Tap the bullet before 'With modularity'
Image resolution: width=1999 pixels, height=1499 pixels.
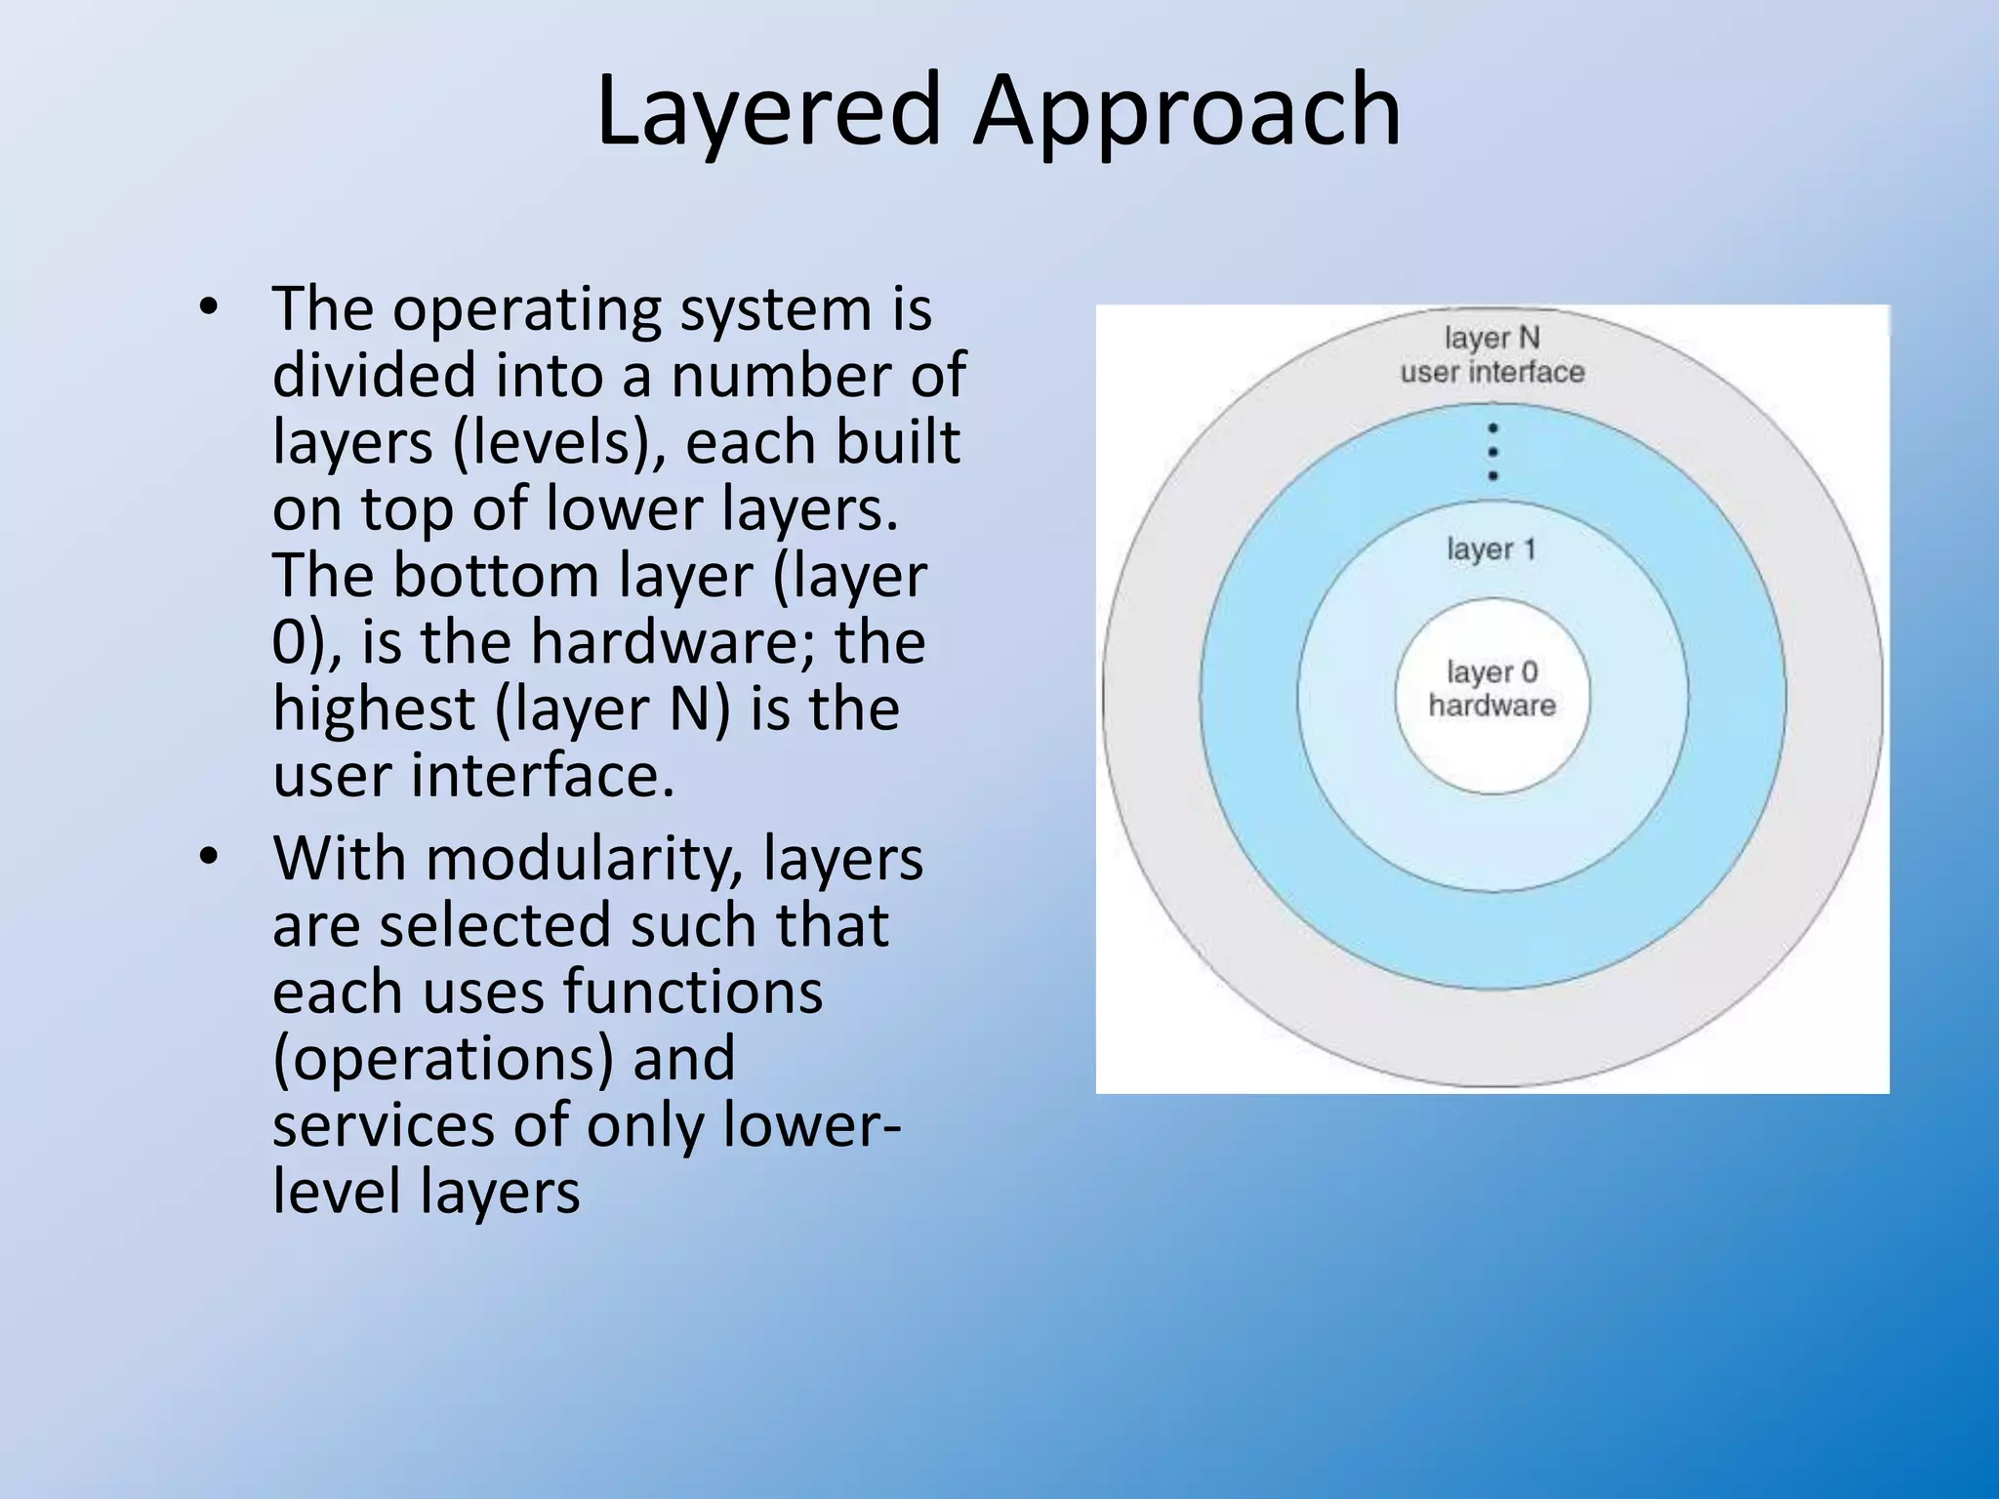point(208,857)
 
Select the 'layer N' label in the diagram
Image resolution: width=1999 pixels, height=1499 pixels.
point(1491,338)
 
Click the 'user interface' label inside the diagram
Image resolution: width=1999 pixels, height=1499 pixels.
point(1491,372)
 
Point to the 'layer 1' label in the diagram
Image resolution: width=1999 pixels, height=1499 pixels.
point(1491,548)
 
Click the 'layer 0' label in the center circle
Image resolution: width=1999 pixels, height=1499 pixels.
point(1491,671)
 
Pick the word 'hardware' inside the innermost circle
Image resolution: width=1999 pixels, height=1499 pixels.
point(1491,705)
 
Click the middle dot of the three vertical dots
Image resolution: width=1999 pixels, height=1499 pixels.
point(1492,452)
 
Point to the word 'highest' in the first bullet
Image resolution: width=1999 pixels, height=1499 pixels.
point(373,709)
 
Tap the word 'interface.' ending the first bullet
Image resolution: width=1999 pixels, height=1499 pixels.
point(542,776)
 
